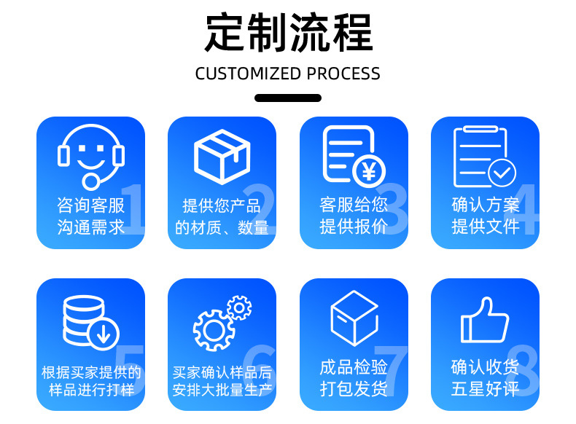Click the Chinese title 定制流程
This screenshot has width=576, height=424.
(x=288, y=33)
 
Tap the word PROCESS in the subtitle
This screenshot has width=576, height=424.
(x=343, y=74)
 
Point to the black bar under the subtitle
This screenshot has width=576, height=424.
(x=288, y=98)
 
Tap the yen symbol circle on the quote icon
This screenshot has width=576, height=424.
(x=369, y=171)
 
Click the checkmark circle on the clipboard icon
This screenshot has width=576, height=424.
(x=501, y=173)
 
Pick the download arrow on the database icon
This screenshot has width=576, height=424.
(x=104, y=334)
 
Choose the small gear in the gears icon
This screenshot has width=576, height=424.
(x=238, y=308)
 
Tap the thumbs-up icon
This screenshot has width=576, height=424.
(x=485, y=321)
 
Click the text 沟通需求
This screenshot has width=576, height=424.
(x=90, y=227)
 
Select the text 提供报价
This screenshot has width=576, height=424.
(x=354, y=227)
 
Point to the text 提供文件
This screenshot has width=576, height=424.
(x=485, y=227)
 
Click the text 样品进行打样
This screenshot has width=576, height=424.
(x=91, y=390)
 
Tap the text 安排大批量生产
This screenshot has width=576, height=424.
(x=222, y=390)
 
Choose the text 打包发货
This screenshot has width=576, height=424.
(x=354, y=389)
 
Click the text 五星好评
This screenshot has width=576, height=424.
(x=485, y=389)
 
